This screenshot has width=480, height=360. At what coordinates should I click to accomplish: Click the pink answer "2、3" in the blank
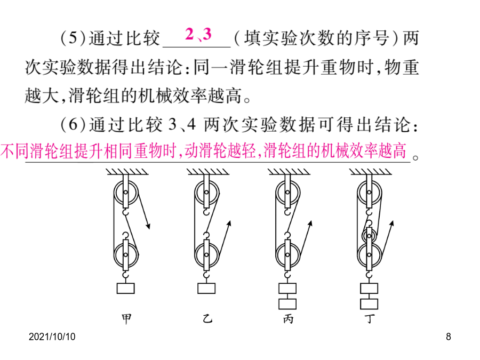[x=198, y=34]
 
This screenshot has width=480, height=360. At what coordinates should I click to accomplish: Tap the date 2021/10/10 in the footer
[x=52, y=337]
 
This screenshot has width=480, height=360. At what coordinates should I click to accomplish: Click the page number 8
[x=449, y=337]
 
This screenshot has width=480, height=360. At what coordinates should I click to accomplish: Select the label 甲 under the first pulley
[x=126, y=319]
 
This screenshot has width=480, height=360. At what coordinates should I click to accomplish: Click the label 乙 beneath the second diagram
[x=207, y=319]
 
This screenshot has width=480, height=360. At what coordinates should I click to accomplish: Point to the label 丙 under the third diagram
[x=288, y=319]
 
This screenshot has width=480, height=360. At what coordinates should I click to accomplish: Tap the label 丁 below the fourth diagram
[x=370, y=319]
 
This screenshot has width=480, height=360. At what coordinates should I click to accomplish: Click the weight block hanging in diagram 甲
[x=125, y=289]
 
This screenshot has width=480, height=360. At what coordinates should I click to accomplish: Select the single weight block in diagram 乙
[x=206, y=289]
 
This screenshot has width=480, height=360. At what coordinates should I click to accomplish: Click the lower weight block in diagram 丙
[x=287, y=303]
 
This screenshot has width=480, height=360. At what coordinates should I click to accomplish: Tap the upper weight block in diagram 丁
[x=369, y=289]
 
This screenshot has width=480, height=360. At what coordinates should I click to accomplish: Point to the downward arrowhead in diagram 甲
[x=148, y=226]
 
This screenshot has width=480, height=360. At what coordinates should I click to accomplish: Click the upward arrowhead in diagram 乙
[x=229, y=223]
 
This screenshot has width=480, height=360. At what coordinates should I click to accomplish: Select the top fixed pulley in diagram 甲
[x=126, y=193]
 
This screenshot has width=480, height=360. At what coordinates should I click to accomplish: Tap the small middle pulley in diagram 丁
[x=369, y=236]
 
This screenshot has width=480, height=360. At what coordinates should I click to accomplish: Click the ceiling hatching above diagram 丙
[x=289, y=171]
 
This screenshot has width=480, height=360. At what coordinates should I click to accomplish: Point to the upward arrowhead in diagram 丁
[x=391, y=223]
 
